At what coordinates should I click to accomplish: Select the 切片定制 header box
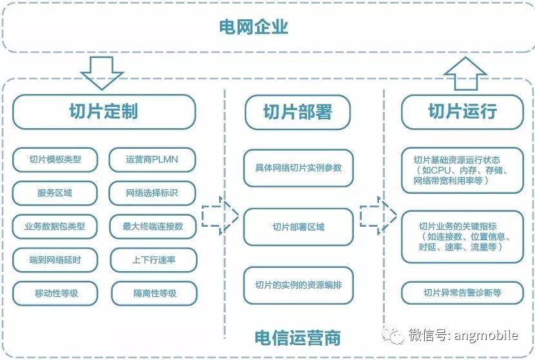(103, 111)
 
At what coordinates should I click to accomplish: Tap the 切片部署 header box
(297, 112)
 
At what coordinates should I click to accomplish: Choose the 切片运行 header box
(462, 111)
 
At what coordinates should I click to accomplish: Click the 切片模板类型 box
(55, 159)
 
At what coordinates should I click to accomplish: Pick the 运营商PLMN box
(153, 159)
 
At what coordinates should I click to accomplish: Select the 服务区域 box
(55, 193)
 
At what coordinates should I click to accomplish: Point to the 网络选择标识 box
(153, 193)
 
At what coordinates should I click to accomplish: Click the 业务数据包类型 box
(55, 227)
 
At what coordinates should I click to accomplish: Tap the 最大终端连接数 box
(153, 227)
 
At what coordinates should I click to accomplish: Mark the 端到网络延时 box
(55, 260)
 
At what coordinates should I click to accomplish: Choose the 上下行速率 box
(153, 260)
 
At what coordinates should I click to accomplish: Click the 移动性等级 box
(55, 294)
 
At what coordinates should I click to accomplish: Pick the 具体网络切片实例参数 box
(298, 168)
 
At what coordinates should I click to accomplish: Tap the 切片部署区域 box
(298, 227)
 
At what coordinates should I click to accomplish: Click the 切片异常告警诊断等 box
(462, 293)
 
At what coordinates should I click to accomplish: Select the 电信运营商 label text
(297, 337)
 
